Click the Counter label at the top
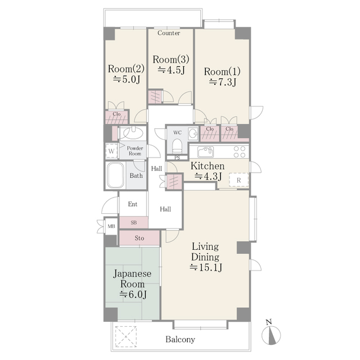point(169,33)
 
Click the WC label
point(177,133)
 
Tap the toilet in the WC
point(177,144)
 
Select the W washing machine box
point(111,151)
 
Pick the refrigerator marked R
point(239,180)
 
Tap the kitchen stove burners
point(238,151)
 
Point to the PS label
point(177,157)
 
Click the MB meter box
point(111,226)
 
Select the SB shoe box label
point(133,223)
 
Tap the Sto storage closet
point(139,238)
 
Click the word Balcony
point(180,339)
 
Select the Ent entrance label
point(133,204)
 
